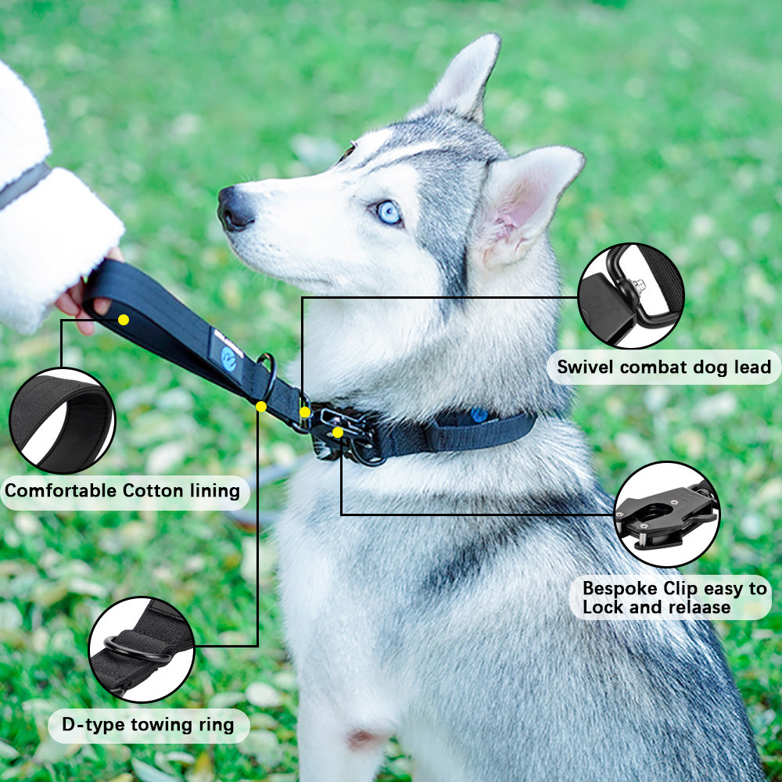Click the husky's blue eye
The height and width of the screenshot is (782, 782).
point(389,211)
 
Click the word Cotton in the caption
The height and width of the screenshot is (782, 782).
point(157,491)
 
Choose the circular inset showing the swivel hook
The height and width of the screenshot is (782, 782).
point(630,296)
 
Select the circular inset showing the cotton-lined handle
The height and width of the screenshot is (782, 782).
point(62,421)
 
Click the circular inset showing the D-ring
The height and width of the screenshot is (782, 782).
point(142,648)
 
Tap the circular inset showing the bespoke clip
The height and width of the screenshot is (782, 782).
point(667,514)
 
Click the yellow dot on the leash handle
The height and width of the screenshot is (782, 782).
point(123,319)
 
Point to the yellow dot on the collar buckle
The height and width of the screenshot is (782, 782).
point(337,432)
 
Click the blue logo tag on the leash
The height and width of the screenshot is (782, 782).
point(228,357)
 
